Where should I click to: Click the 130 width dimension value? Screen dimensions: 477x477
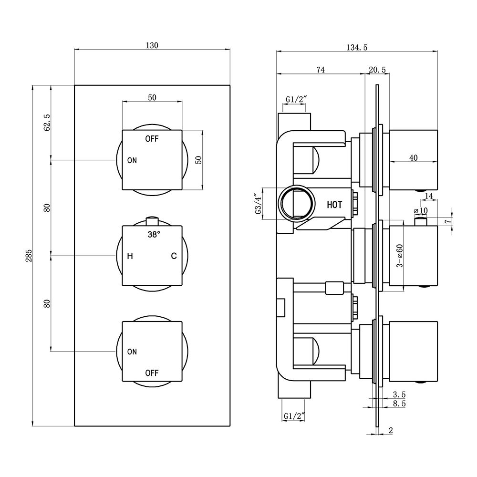coord(152,45)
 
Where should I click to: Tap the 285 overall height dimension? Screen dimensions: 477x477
coord(29,256)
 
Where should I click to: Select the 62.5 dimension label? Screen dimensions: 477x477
coord(47,123)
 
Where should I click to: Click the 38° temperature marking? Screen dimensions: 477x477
coord(154,235)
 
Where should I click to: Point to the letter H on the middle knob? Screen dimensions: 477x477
coord(130,256)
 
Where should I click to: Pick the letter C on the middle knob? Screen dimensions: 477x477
coord(174,256)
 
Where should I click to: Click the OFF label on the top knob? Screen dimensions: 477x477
coord(152,139)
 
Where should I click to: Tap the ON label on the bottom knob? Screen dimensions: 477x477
coord(132,352)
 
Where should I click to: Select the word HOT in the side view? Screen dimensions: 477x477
coord(334,205)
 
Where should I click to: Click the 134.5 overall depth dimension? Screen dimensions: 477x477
coord(357,47)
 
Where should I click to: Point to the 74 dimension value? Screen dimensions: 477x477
coord(321,70)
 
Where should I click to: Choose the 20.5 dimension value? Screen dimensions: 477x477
coord(377,70)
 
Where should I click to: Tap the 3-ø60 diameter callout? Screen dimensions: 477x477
coord(400,256)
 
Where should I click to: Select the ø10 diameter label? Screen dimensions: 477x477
coord(421,210)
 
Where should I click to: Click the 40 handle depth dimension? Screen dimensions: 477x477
coord(414,158)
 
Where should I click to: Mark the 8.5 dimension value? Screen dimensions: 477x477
coord(399,404)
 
